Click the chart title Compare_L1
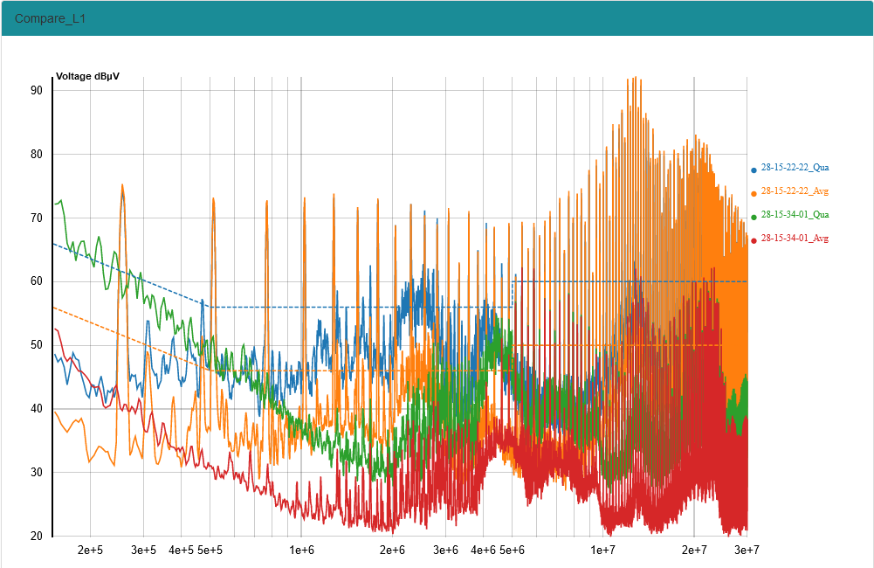coord(50,18)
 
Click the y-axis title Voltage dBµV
coord(87,76)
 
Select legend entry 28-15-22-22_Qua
coord(795,167)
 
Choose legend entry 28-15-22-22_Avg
coord(795,190)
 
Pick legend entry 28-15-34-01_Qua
coord(795,214)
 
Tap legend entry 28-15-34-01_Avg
coord(795,238)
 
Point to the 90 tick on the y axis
coord(37,90)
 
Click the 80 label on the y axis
coord(37,154)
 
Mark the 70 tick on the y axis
coord(37,218)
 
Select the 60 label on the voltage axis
coord(37,281)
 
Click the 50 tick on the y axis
coord(37,345)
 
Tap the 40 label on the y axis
coord(37,409)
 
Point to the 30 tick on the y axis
coord(37,473)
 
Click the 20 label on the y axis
coord(37,537)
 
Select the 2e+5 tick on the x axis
coord(90,550)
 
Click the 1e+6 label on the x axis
coord(301,550)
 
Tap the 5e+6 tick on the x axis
coord(512,550)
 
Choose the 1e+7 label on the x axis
coord(603,550)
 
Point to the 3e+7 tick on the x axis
coord(747,550)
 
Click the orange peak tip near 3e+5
coord(122,184)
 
